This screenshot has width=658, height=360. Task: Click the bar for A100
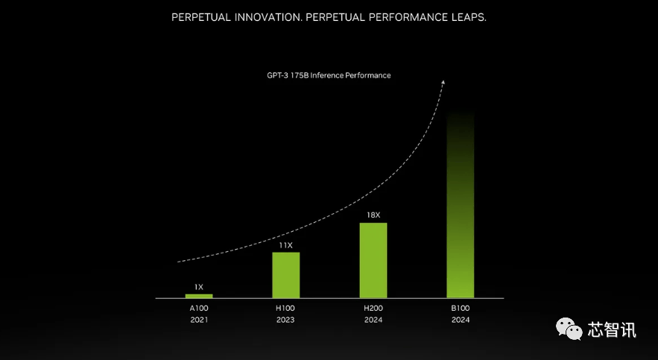click(x=199, y=296)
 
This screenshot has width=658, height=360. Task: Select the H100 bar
click(x=285, y=275)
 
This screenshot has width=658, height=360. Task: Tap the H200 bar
click(x=373, y=260)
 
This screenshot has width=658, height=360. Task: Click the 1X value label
click(x=199, y=287)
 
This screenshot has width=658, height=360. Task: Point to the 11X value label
click(x=285, y=244)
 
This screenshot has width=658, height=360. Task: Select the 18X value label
click(x=373, y=215)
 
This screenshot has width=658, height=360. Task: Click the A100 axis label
click(x=199, y=307)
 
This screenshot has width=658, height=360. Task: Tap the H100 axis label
click(x=285, y=307)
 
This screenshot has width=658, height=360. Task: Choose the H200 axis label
click(x=373, y=307)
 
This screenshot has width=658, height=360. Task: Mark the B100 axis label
click(x=460, y=307)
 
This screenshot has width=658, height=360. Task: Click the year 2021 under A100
click(x=199, y=320)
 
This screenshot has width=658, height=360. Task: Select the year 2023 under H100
click(x=285, y=320)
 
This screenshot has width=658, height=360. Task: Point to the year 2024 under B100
click(x=460, y=320)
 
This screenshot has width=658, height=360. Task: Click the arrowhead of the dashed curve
click(x=443, y=82)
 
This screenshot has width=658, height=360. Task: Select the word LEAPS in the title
click(x=466, y=17)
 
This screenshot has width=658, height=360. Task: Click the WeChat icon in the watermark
click(x=572, y=329)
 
